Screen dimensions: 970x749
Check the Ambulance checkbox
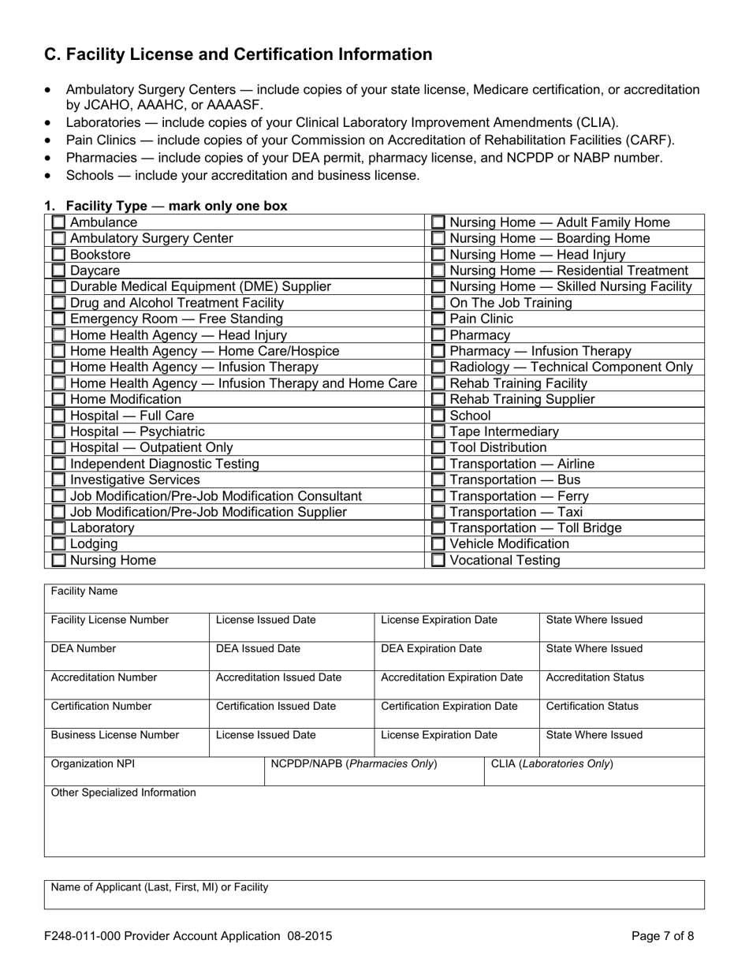pyautogui.click(x=58, y=223)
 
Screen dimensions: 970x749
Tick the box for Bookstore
pyautogui.click(x=58, y=256)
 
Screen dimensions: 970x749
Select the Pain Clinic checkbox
pyautogui.click(x=438, y=319)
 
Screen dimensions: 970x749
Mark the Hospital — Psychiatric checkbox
pyautogui.click(x=58, y=432)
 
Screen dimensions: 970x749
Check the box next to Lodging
pyautogui.click(x=58, y=544)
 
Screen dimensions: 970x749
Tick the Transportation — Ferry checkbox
pyautogui.click(x=438, y=497)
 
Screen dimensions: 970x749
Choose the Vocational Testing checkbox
pyautogui.click(x=438, y=561)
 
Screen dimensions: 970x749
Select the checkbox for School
pyautogui.click(x=438, y=416)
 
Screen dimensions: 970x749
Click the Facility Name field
pyautogui.click(x=374, y=601)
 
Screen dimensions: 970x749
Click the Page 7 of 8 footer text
pyautogui.click(x=663, y=937)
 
